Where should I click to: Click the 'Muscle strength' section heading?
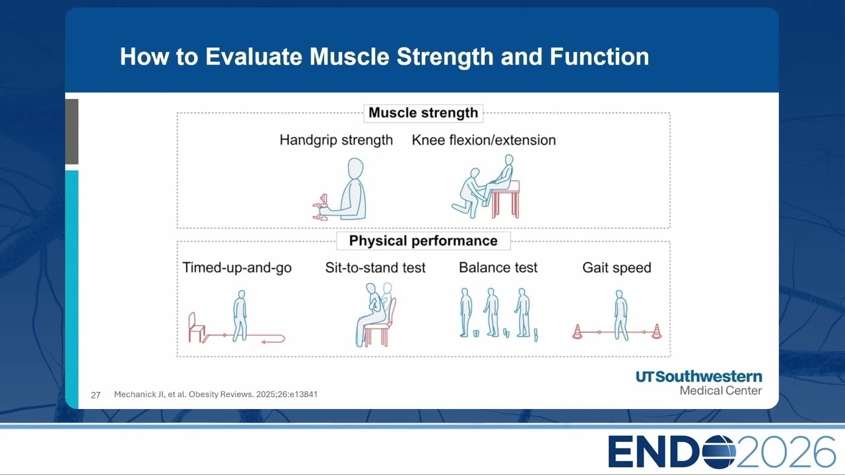pyautogui.click(x=423, y=113)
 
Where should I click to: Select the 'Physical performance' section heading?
pyautogui.click(x=423, y=241)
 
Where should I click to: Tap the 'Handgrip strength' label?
pyautogui.click(x=336, y=140)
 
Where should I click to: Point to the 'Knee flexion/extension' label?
pyautogui.click(x=484, y=140)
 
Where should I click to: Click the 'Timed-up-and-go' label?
pyautogui.click(x=237, y=267)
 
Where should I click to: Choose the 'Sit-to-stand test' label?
pyautogui.click(x=376, y=267)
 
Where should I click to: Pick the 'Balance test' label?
pyautogui.click(x=498, y=267)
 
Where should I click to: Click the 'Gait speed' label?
pyautogui.click(x=617, y=267)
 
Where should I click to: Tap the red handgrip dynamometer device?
pyautogui.click(x=321, y=207)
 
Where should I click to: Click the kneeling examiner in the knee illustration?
pyautogui.click(x=469, y=193)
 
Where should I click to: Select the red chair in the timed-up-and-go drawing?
pyautogui.click(x=196, y=327)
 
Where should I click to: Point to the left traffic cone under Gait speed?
pyautogui.click(x=577, y=332)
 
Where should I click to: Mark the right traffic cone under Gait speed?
pyautogui.click(x=656, y=331)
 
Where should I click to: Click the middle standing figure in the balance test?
pyautogui.click(x=491, y=312)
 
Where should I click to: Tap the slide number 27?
pyautogui.click(x=96, y=395)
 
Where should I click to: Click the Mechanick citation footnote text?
pyautogui.click(x=216, y=395)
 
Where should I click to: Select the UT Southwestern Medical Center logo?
pyautogui.click(x=698, y=383)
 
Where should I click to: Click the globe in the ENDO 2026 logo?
pyautogui.click(x=718, y=452)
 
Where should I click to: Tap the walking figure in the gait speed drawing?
pyautogui.click(x=621, y=315)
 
